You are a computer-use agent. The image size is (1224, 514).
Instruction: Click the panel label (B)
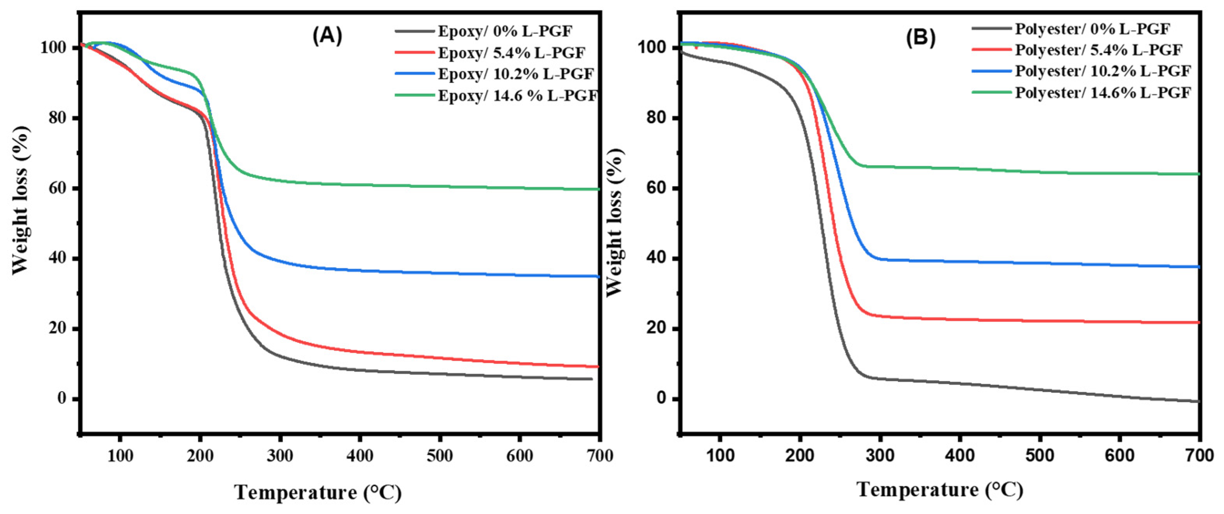(920, 37)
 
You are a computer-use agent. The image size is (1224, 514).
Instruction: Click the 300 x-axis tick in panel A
(280, 456)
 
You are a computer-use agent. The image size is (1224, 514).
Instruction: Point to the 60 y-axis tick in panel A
(57, 189)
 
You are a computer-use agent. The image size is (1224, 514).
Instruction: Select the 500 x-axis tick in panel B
(1040, 456)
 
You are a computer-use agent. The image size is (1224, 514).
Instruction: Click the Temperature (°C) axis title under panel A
(318, 492)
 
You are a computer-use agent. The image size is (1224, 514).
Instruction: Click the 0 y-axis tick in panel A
(62, 399)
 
